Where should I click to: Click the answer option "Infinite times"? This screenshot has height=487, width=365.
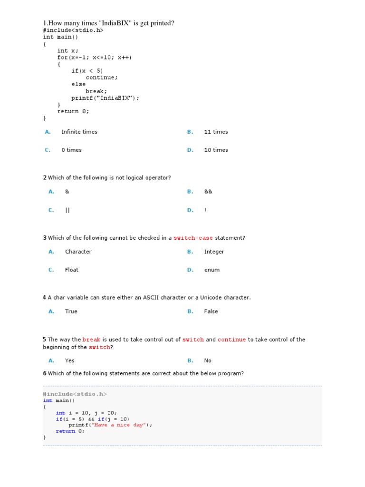click(x=79, y=132)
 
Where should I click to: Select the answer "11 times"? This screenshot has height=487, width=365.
click(x=216, y=132)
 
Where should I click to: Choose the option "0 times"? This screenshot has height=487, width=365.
click(x=71, y=150)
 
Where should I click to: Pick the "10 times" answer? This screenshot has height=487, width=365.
click(x=216, y=150)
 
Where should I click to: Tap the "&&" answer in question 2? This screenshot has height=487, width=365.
click(x=208, y=192)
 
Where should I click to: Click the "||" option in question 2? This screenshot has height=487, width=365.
click(x=67, y=210)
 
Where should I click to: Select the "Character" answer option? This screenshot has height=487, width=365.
click(x=78, y=252)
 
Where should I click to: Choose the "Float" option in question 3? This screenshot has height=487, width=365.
click(x=72, y=270)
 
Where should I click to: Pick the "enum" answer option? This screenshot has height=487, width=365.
click(x=212, y=270)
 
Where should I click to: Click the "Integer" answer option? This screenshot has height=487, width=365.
click(x=214, y=252)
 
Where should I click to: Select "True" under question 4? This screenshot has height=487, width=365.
click(x=71, y=312)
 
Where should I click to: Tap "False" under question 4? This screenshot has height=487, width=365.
click(x=211, y=312)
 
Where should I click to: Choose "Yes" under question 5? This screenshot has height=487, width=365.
click(x=70, y=360)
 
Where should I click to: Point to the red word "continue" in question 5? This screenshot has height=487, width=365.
click(x=231, y=340)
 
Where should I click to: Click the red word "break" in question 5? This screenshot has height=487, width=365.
click(x=91, y=340)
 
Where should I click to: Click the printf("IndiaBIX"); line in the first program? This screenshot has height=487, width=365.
click(x=106, y=98)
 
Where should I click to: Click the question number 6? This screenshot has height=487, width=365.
click(x=45, y=373)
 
